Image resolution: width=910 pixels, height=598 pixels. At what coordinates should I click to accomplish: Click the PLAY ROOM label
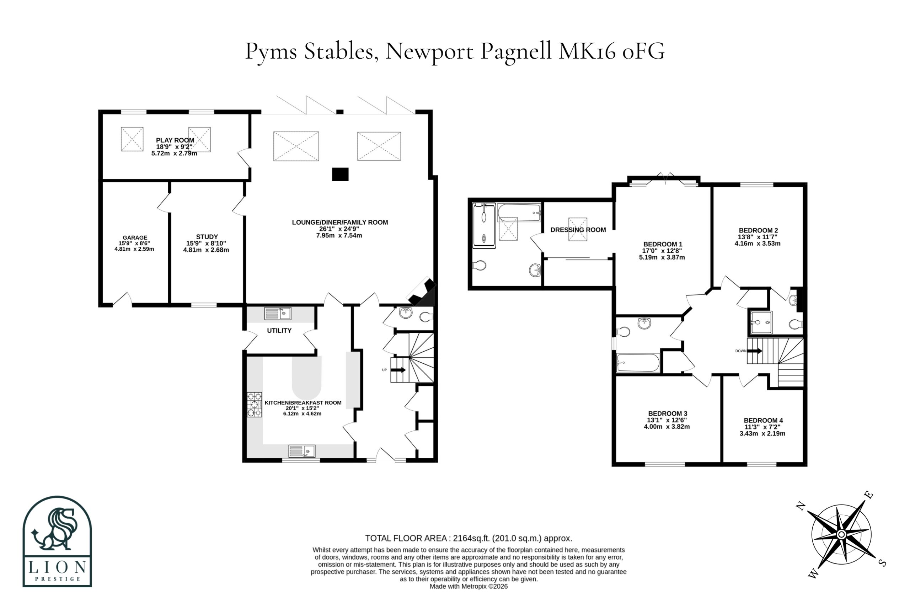[x=175, y=140]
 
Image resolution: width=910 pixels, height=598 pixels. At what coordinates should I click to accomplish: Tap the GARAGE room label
[x=135, y=237]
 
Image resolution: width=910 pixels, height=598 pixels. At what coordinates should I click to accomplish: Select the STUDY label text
[x=207, y=237]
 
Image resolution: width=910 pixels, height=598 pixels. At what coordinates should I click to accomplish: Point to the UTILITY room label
[x=279, y=330]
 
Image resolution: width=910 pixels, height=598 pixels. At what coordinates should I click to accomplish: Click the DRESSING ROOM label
[x=578, y=230]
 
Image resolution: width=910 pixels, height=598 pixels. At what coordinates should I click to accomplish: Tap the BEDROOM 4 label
[x=763, y=420]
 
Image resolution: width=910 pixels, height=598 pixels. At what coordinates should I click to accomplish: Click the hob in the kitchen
[x=254, y=405]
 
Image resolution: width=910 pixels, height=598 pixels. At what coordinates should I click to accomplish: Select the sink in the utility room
[x=278, y=314]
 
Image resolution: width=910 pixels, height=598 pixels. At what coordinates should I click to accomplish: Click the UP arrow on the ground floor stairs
[x=398, y=370]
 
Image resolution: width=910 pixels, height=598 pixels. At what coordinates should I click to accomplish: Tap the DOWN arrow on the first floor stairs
[x=755, y=351]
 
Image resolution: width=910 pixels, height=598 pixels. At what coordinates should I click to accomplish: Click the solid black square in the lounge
[x=340, y=174]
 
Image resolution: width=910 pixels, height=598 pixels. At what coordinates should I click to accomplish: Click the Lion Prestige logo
[x=57, y=541]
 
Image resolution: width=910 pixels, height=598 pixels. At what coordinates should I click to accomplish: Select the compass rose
[x=841, y=534]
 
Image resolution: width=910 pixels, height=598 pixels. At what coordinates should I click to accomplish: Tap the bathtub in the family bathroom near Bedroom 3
[x=638, y=363]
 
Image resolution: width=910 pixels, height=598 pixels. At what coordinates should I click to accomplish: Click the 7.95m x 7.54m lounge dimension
[x=339, y=235]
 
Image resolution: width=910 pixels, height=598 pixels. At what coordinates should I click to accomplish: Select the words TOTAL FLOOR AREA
[x=406, y=538]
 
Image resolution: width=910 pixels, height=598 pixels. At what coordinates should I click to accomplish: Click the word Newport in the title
[x=429, y=51]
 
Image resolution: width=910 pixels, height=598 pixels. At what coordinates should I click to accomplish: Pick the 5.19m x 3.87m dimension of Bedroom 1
[x=662, y=258]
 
